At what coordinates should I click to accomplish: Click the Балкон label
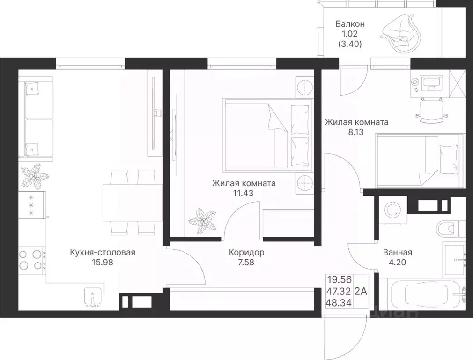coord(350,23)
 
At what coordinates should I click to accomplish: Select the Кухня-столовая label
coord(102,252)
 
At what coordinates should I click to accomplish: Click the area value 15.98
coord(103,262)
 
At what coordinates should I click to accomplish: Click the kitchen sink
coord(93,297)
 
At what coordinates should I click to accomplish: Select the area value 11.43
coord(244,193)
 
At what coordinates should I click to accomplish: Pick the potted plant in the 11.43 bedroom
coord(202,220)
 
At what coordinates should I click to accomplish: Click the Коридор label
coord(246,252)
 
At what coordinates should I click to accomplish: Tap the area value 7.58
coord(246,262)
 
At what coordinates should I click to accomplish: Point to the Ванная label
coord(397,252)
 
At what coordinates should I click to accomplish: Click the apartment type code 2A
coord(361,292)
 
